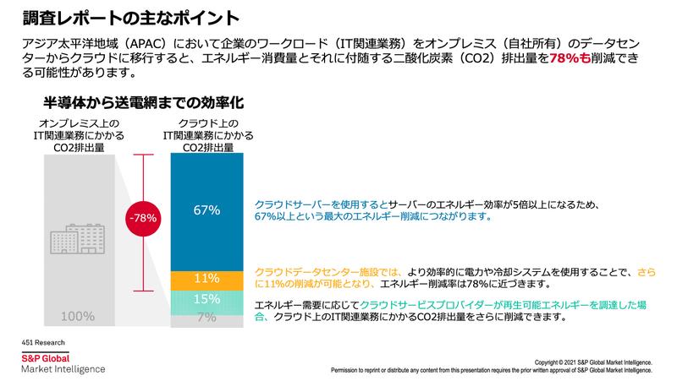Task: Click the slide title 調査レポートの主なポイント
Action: [119, 16]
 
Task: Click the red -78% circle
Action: [140, 217]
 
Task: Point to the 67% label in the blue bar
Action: [206, 209]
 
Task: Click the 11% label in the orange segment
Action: [206, 279]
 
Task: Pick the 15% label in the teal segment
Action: [206, 300]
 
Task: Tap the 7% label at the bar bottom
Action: [206, 318]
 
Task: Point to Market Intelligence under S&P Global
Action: [63, 369]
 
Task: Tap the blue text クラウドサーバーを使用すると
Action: [320, 204]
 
